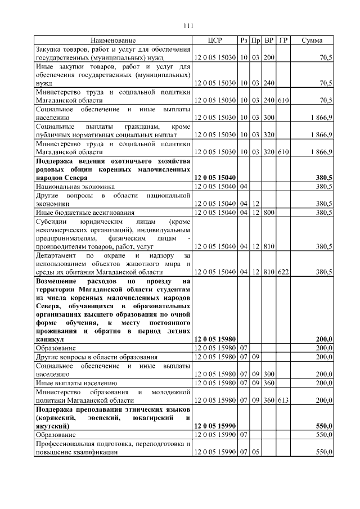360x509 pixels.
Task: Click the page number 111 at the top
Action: [188, 26]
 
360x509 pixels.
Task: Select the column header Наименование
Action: [113, 40]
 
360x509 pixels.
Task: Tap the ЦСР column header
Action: [215, 40]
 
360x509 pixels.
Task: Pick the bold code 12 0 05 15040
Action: [215, 178]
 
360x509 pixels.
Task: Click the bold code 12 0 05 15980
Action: [215, 340]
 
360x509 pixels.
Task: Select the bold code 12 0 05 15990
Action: [215, 427]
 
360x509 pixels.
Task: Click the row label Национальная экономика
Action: [75, 186]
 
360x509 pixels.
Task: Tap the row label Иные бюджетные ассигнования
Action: [85, 212]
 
